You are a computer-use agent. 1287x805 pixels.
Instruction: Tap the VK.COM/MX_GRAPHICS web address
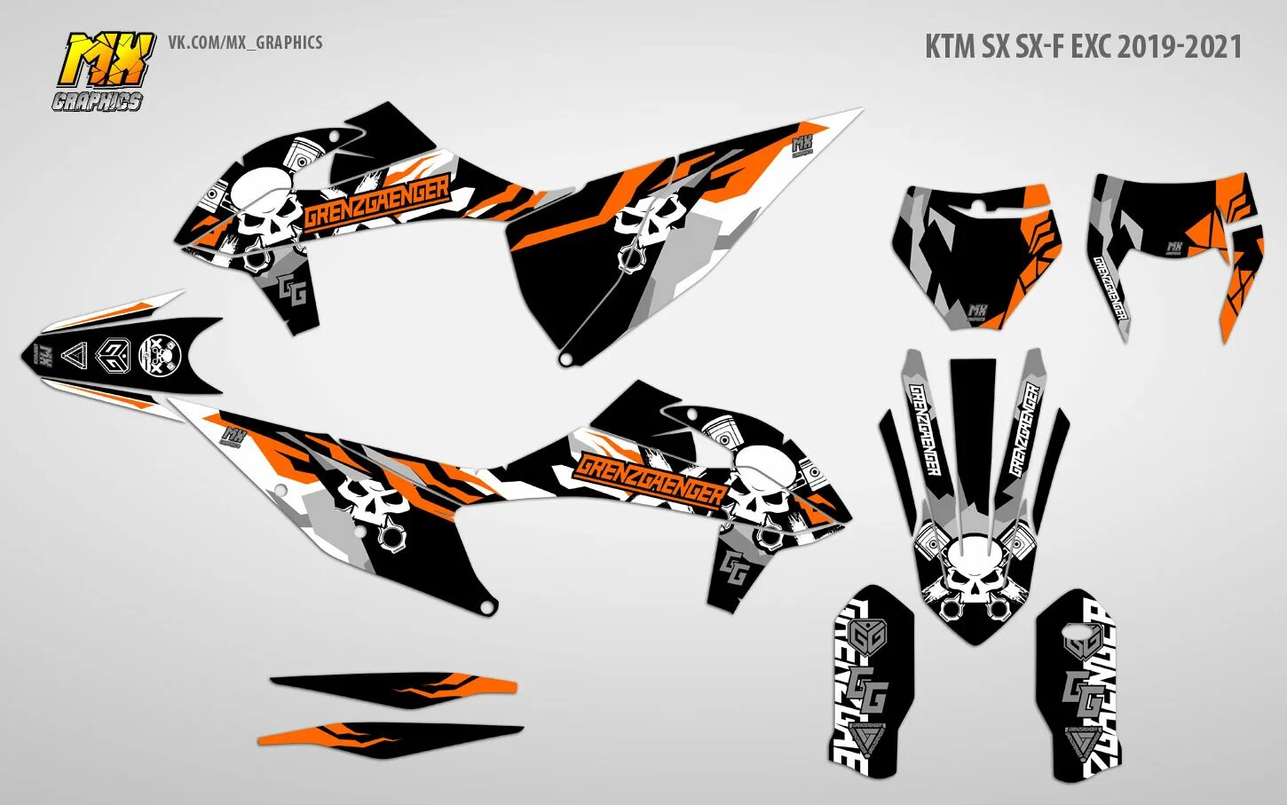click(245, 43)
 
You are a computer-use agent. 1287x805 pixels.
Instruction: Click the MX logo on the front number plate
click(978, 311)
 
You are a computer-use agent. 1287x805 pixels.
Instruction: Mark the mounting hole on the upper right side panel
click(565, 359)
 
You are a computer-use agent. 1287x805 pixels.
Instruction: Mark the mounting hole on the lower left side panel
click(485, 608)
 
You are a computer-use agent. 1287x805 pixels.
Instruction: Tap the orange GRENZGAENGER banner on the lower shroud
click(649, 480)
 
